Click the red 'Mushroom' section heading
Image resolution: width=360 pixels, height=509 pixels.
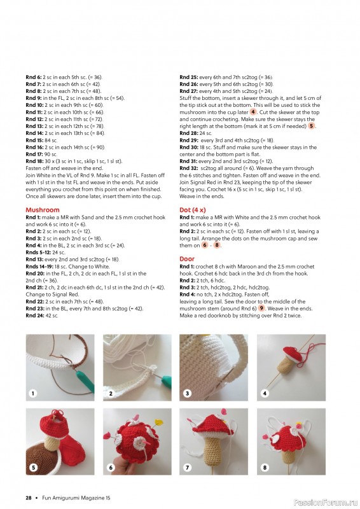pyautogui.click(x=43, y=209)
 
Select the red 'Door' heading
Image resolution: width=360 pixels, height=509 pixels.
pyautogui.click(x=187, y=259)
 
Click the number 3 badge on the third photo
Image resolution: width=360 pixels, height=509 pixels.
pyautogui.click(x=188, y=394)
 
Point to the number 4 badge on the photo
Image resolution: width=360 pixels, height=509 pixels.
pyautogui.click(x=265, y=394)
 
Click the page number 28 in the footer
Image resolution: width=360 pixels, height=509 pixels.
pyautogui.click(x=29, y=497)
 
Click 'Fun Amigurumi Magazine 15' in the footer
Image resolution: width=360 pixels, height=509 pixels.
pyautogui.click(x=72, y=497)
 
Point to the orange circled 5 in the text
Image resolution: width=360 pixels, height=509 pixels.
pyautogui.click(x=311, y=126)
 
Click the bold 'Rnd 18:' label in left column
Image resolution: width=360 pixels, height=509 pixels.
pyautogui.click(x=35, y=162)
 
